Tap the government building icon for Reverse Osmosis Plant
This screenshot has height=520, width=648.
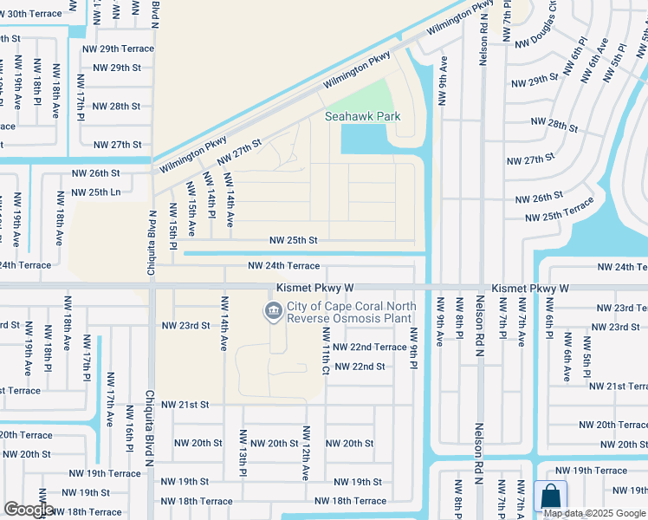click(273, 310)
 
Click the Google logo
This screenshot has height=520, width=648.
click(28, 510)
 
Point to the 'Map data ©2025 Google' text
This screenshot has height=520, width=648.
click(594, 512)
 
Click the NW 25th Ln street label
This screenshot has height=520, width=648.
click(95, 192)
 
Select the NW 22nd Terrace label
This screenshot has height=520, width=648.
click(368, 347)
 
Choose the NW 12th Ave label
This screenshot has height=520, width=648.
click(306, 453)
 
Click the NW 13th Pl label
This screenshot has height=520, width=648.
click(243, 453)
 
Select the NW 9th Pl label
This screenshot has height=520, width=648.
click(414, 347)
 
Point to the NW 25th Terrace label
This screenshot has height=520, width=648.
click(560, 210)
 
